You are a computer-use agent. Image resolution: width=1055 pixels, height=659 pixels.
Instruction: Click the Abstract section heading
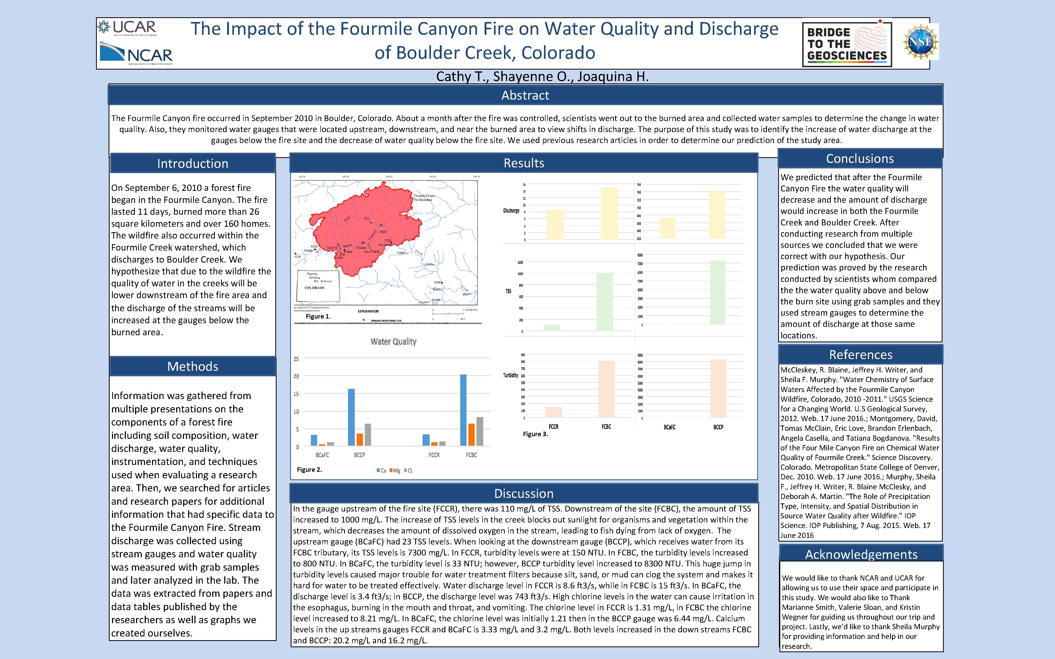525,95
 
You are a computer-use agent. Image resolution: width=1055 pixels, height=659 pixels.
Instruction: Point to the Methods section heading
193,367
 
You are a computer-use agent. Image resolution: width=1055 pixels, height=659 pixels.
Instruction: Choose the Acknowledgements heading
861,554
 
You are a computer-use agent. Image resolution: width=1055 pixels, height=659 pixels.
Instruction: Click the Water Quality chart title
393,342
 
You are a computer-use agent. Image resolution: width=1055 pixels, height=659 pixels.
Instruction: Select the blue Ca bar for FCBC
463,410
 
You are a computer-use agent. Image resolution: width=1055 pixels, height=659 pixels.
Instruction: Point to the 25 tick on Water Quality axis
296,359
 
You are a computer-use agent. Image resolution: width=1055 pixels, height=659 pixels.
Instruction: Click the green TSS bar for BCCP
717,292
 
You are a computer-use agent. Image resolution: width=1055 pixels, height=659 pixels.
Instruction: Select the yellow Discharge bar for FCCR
555,224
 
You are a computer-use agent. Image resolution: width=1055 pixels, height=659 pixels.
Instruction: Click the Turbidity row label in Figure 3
510,375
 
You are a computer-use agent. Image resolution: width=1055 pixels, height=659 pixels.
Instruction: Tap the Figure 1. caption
318,316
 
